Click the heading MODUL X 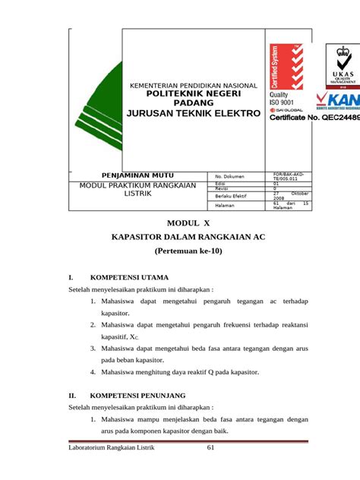(188, 223)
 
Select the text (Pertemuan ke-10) (188, 251)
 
